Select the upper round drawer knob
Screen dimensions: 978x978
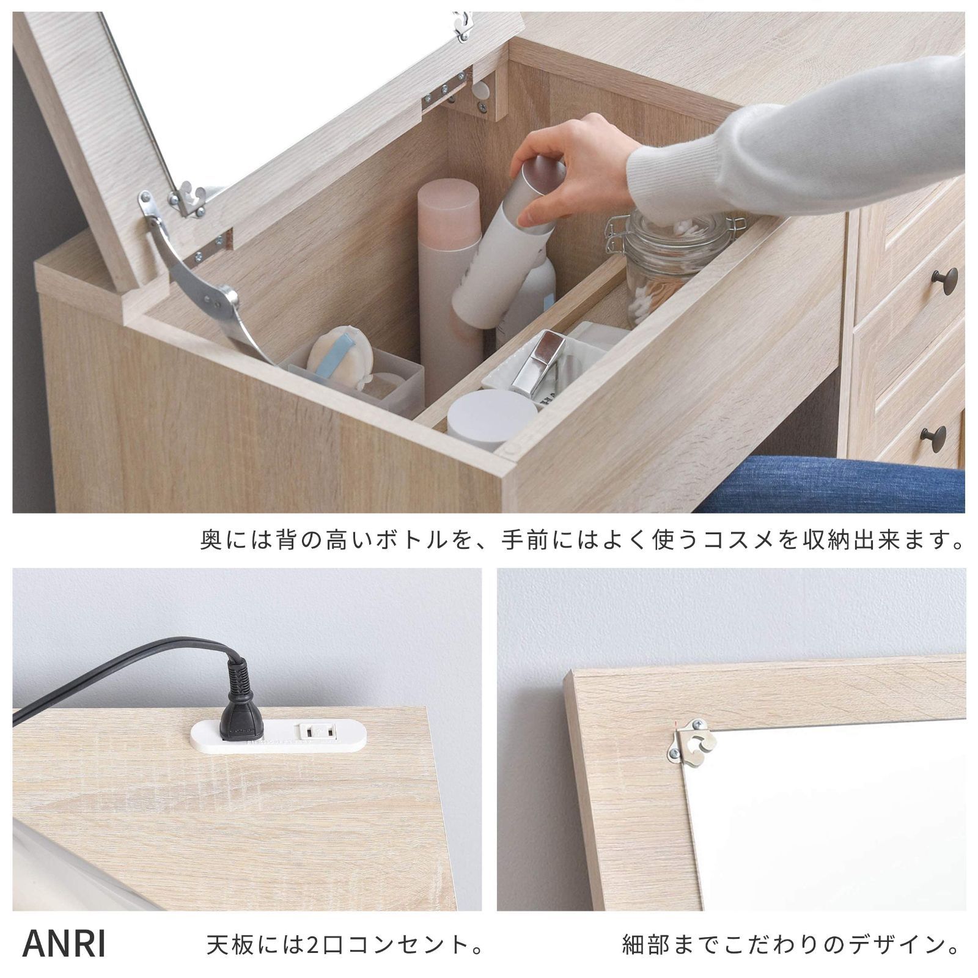tap(944, 281)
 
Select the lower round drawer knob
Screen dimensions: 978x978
tap(933, 438)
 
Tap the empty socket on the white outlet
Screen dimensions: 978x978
tap(318, 730)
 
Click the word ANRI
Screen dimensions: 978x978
tap(64, 944)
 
